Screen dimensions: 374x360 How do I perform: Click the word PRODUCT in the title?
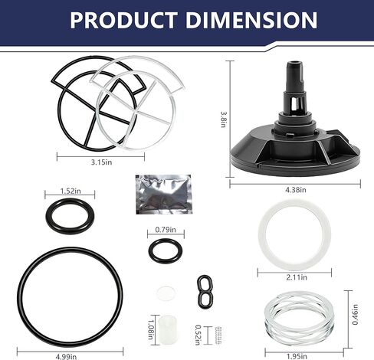[x=123, y=20]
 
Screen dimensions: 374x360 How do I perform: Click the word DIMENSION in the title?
[x=251, y=20]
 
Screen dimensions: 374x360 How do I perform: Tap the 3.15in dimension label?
[x=101, y=162]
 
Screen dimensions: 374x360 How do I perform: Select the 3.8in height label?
[x=223, y=119]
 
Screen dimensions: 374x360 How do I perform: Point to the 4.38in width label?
[x=296, y=190]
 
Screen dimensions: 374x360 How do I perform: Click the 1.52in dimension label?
[x=71, y=191]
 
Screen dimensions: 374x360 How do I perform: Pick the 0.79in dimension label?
[x=166, y=230]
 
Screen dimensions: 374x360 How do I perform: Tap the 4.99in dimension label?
[x=66, y=356]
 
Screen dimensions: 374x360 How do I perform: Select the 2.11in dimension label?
[x=297, y=277]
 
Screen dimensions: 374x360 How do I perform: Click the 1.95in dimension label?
[x=297, y=356]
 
